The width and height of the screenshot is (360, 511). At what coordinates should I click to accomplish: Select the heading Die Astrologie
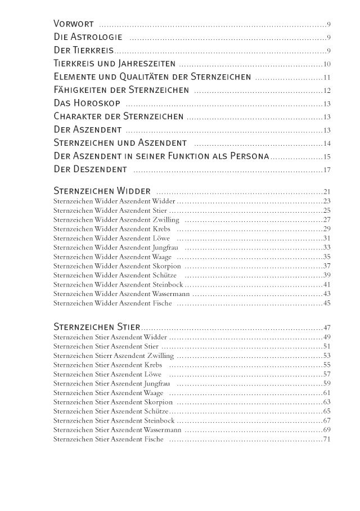(x=88, y=38)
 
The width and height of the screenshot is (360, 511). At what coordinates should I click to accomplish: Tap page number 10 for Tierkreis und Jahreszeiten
(x=326, y=65)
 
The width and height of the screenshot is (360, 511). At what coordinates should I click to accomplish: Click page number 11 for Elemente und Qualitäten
(x=326, y=78)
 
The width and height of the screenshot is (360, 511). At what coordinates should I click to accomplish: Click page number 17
(x=326, y=170)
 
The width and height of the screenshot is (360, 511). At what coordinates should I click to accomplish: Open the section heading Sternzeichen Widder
(x=102, y=191)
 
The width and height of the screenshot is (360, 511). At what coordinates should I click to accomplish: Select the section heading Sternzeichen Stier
(x=96, y=327)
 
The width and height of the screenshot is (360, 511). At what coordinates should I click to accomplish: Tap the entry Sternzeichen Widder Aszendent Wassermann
(x=121, y=294)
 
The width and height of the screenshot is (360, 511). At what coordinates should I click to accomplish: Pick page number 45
(x=326, y=303)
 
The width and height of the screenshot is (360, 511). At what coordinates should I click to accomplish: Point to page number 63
(x=326, y=402)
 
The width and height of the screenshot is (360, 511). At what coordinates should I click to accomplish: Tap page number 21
(x=326, y=192)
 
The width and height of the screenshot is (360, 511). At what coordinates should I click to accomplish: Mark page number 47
(x=326, y=328)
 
